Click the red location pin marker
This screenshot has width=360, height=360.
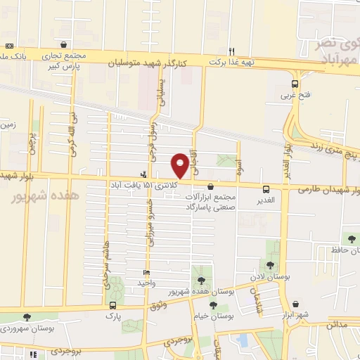[181, 165]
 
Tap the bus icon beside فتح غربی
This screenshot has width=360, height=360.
[295, 83]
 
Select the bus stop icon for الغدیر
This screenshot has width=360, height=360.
[266, 189]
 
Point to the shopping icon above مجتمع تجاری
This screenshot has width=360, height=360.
[64, 44]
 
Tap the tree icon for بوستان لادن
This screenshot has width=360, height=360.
[270, 264]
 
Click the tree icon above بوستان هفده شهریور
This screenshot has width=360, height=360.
[202, 280]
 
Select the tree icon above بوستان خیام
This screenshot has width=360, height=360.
[212, 305]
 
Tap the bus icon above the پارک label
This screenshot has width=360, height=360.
[112, 306]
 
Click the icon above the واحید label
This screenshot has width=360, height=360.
[146, 273]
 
